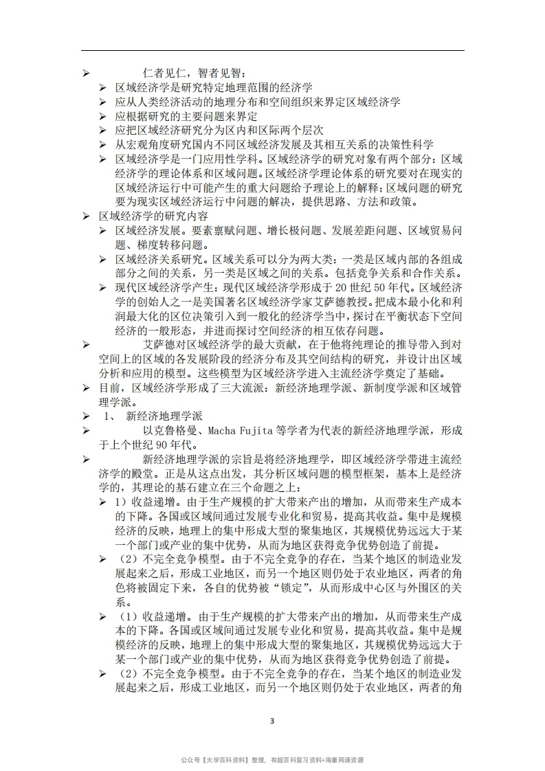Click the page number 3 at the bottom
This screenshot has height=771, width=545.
pos(272,721)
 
